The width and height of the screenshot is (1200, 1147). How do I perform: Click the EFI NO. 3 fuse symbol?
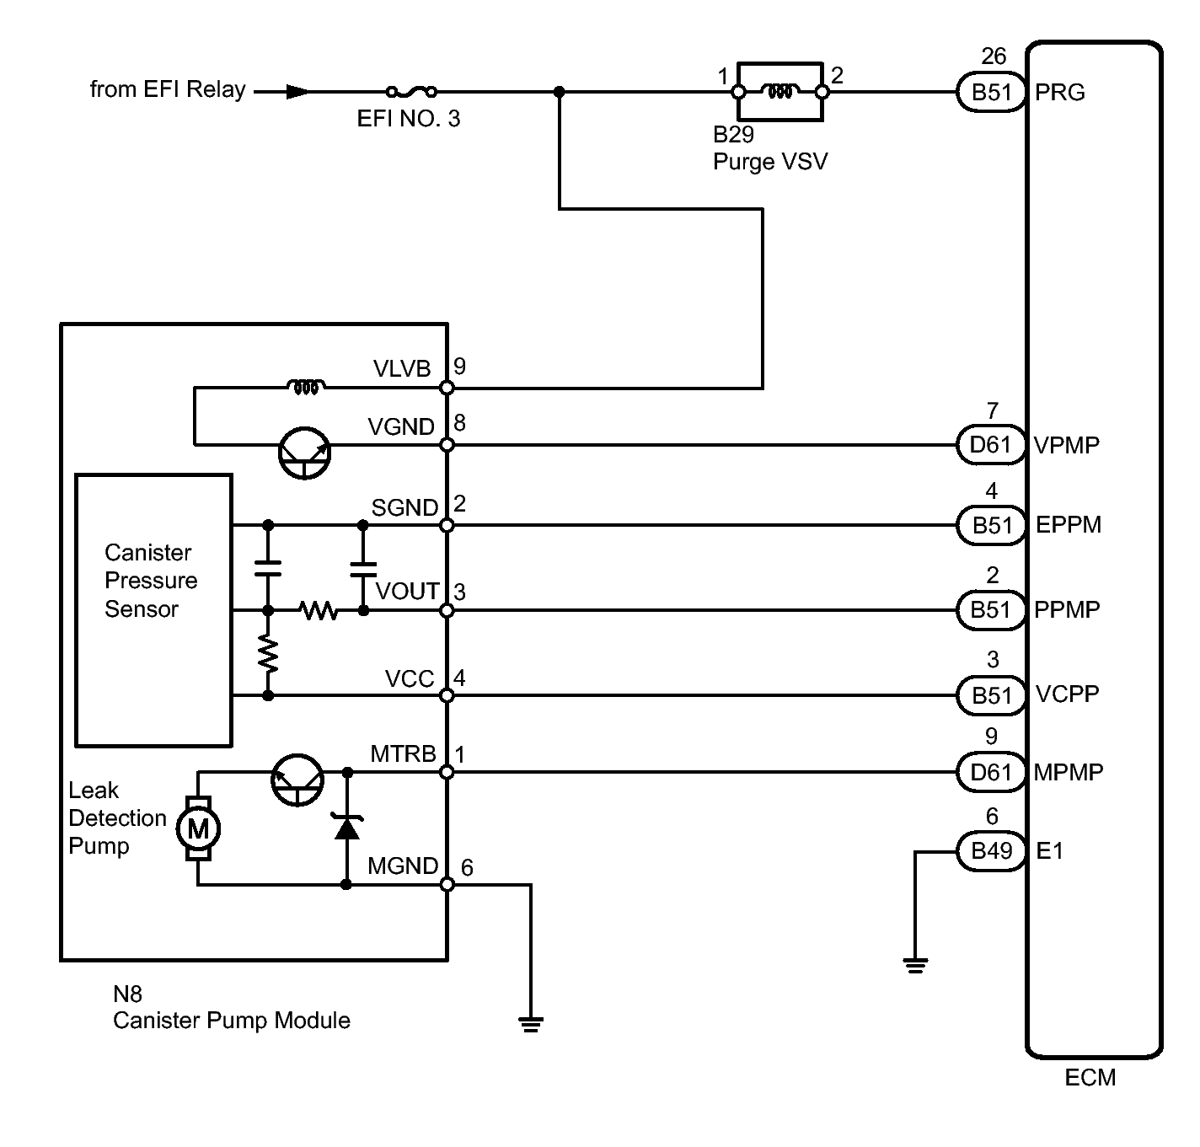(411, 92)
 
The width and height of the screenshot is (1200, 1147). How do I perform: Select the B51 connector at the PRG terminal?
(992, 93)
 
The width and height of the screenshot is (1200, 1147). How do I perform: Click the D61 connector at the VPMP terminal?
(992, 445)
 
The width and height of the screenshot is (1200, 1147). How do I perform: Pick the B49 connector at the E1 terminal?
(992, 852)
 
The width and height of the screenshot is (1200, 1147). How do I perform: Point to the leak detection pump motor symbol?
(198, 828)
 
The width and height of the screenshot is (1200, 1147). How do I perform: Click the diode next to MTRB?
(347, 827)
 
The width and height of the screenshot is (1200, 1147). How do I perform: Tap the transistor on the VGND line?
(304, 453)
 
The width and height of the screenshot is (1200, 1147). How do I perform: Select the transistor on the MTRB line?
(297, 780)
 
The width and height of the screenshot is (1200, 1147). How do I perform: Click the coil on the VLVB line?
(306, 387)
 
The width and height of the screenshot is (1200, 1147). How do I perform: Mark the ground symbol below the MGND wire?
(531, 1024)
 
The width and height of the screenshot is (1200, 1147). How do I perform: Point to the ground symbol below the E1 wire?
(915, 966)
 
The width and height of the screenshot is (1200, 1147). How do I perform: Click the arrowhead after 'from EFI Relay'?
(298, 93)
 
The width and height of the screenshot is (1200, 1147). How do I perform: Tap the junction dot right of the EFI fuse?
(560, 92)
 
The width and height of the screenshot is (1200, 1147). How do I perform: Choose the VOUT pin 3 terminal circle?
(447, 610)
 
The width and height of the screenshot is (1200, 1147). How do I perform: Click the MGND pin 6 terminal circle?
(447, 885)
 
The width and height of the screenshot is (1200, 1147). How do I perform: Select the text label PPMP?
(1067, 609)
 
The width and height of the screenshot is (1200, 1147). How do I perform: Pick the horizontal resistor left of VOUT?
(319, 610)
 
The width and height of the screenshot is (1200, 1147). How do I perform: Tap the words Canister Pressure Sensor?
(151, 581)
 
